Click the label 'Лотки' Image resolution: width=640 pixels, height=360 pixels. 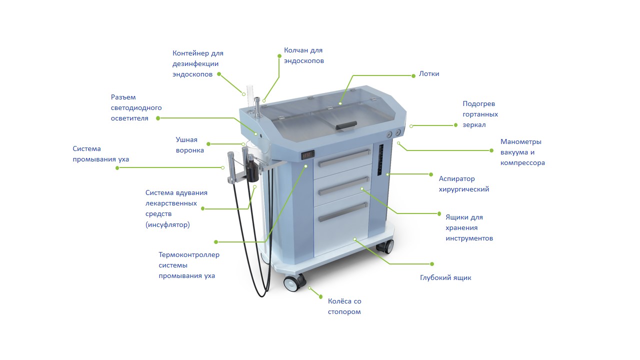[429, 73]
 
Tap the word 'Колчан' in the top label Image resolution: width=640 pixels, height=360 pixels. [295, 50]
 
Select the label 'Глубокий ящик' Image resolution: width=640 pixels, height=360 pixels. [445, 277]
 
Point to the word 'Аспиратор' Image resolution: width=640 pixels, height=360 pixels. [456, 179]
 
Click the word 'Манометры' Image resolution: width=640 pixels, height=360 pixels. [521, 141]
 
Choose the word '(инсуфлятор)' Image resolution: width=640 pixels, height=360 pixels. [167, 224]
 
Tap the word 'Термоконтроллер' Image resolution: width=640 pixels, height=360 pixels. [189, 254]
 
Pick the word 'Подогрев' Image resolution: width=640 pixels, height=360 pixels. [479, 103]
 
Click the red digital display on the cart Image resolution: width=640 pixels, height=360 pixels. [307, 155]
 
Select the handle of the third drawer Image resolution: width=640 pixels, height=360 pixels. [343, 212]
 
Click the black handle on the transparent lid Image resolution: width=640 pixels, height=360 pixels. [346, 125]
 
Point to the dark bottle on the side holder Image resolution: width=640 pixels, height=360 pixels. [252, 171]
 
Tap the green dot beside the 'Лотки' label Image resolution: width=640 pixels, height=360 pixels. [413, 75]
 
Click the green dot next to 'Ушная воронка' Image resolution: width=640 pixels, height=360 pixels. [208, 144]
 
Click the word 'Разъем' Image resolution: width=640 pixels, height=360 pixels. [123, 97]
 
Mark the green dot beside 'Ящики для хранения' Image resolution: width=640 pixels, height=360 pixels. [439, 213]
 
